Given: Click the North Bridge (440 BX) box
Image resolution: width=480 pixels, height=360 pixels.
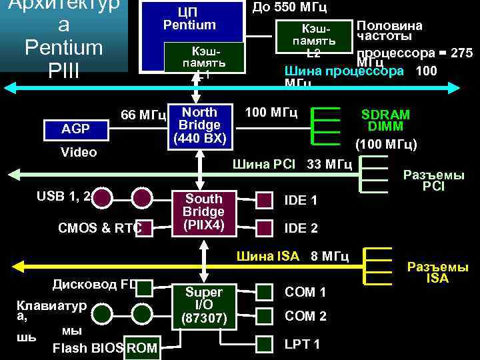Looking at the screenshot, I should [x=199, y=125].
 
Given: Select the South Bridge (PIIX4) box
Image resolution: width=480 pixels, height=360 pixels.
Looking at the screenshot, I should [x=204, y=213].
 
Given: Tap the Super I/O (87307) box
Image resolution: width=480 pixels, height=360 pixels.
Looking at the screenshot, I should [x=204, y=307].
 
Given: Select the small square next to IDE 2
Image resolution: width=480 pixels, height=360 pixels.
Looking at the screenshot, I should [x=265, y=227].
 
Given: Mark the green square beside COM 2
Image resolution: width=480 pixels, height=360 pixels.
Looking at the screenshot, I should [x=265, y=316].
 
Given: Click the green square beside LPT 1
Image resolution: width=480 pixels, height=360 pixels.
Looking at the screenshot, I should [x=265, y=343].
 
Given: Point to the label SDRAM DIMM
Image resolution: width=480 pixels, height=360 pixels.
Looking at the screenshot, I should [x=385, y=121].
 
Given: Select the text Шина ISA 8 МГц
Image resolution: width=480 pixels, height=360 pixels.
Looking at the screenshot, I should [x=292, y=256].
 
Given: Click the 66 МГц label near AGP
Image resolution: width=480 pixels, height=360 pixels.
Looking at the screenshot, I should [x=143, y=115].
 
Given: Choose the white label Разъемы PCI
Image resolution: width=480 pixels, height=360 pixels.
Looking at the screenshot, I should [x=433, y=181].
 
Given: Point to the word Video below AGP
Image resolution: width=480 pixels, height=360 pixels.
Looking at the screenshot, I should [x=79, y=152].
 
